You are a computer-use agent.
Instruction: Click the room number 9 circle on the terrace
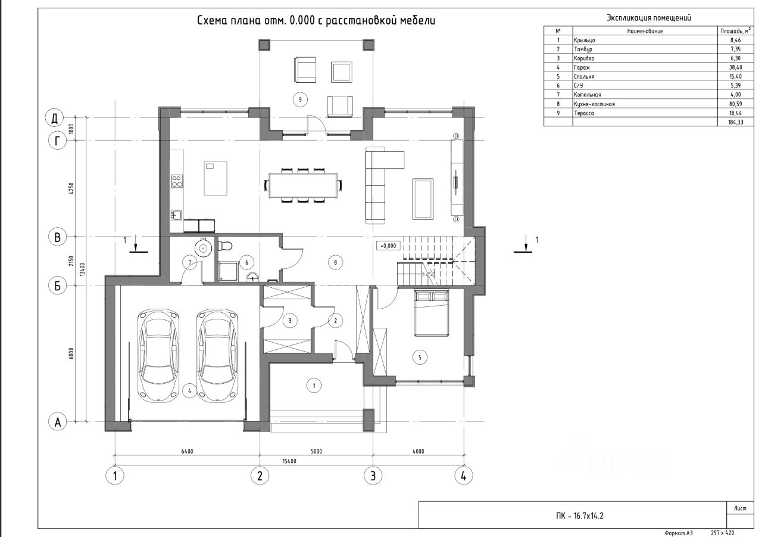pyautogui.click(x=300, y=100)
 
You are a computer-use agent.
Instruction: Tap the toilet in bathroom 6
pyautogui.click(x=225, y=245)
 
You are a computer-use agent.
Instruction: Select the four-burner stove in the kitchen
pyautogui.click(x=177, y=181)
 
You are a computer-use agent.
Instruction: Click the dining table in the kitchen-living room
pyautogui.click(x=304, y=185)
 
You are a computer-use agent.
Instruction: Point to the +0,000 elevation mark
pyautogui.click(x=388, y=246)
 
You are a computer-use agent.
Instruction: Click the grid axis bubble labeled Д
pyautogui.click(x=54, y=118)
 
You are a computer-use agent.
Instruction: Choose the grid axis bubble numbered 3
pyautogui.click(x=373, y=476)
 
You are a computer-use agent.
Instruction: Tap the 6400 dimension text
pyautogui.click(x=187, y=452)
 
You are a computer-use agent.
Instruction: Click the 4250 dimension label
pyautogui.click(x=71, y=188)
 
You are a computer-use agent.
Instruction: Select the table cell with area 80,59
pyautogui.click(x=735, y=104)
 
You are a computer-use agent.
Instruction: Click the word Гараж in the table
pyautogui.click(x=582, y=67)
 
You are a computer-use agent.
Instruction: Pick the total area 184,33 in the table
pyautogui.click(x=735, y=122)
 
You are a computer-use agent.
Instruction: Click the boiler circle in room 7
pyautogui.click(x=204, y=247)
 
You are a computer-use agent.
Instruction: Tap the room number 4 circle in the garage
pyautogui.click(x=189, y=391)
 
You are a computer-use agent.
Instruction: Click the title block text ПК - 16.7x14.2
pyautogui.click(x=580, y=516)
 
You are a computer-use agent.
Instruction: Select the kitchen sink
pyautogui.click(x=176, y=215)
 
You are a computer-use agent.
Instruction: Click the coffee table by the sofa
pyautogui.click(x=423, y=199)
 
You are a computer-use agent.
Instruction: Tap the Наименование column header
pyautogui.click(x=645, y=32)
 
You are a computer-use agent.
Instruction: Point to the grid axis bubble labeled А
pyautogui.click(x=58, y=422)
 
